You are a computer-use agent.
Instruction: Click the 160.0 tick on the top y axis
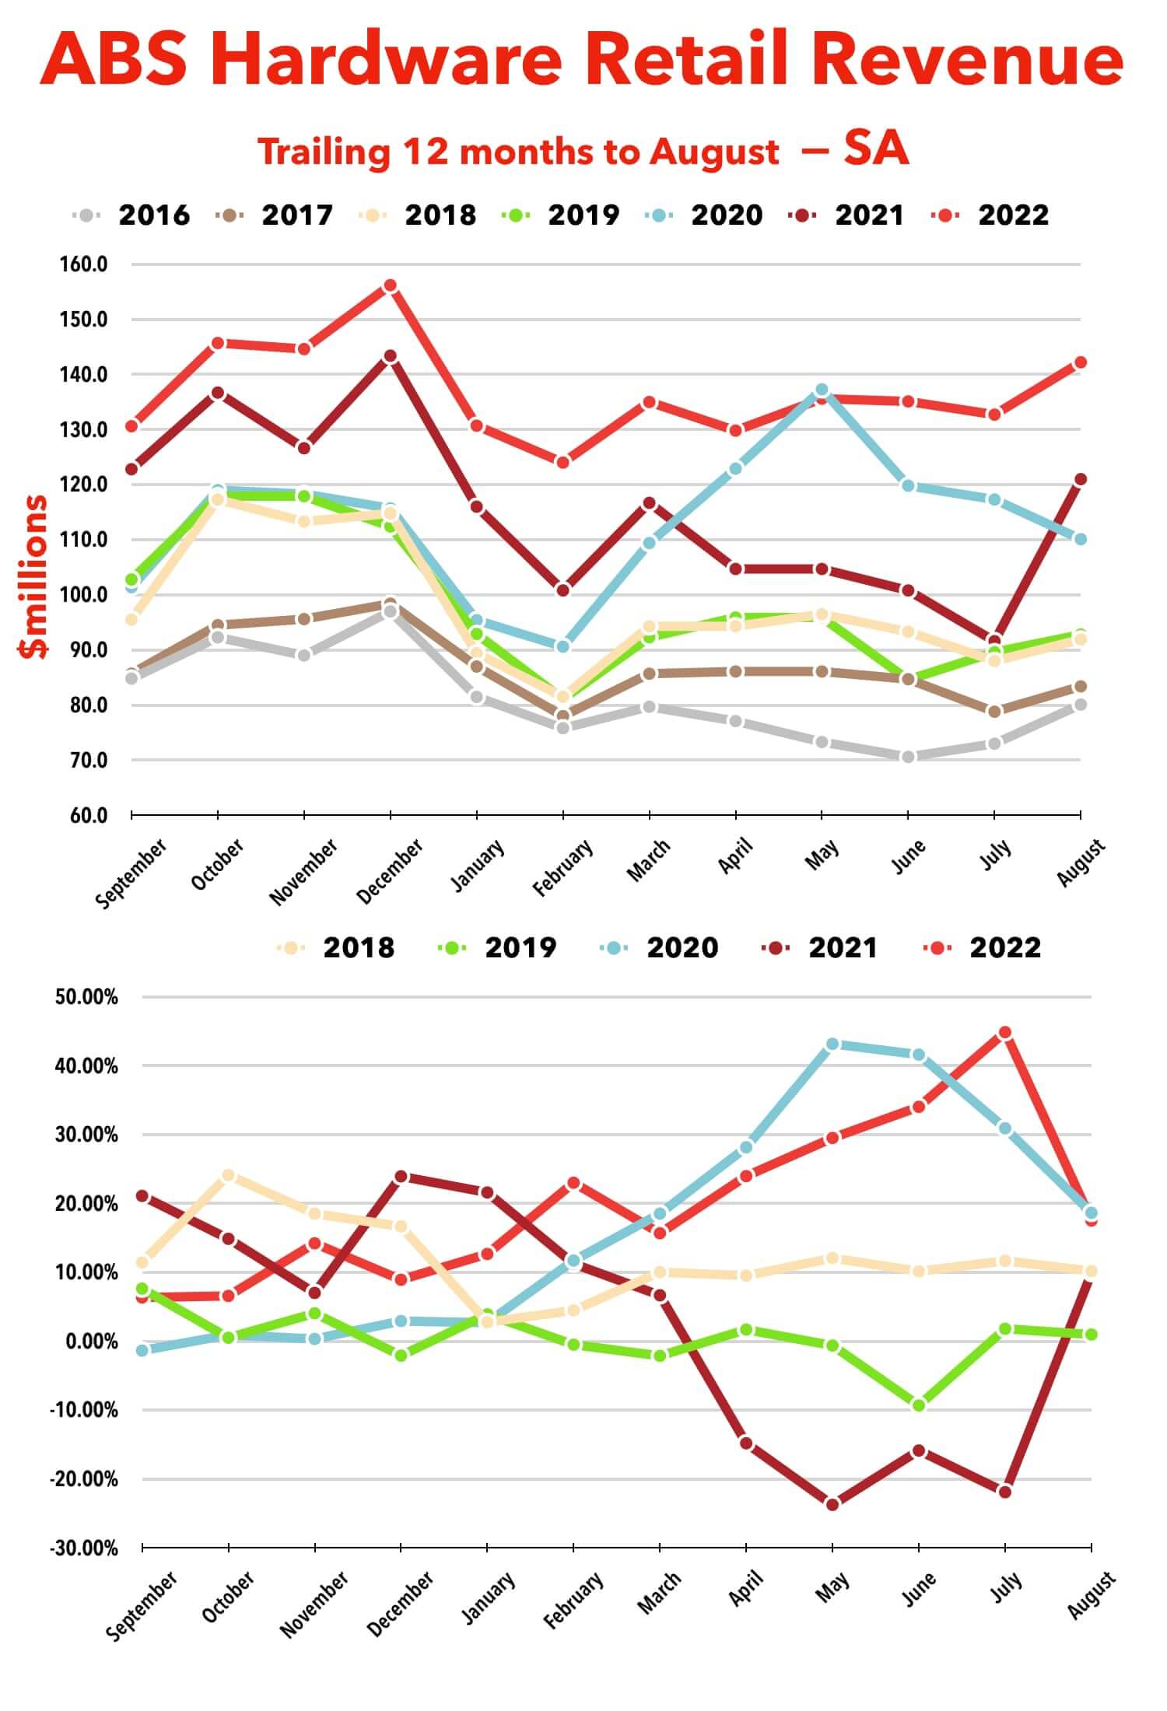(83, 264)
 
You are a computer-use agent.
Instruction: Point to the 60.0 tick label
(83, 815)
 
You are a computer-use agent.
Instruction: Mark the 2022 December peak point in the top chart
(390, 285)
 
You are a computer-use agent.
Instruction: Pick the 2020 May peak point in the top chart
(822, 390)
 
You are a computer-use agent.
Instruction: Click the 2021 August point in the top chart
(1080, 479)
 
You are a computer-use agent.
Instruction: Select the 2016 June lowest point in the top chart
(907, 757)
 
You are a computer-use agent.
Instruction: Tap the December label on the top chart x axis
(390, 870)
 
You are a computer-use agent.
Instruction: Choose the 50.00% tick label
(86, 997)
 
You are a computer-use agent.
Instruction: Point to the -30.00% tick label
(84, 1548)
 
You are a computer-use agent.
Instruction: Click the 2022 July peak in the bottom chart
(1004, 1033)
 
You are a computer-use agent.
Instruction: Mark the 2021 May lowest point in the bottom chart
(832, 1504)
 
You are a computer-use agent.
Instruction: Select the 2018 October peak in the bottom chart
(228, 1175)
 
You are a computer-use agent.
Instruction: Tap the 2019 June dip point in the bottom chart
(919, 1405)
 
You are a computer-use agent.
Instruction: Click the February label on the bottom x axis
(573, 1600)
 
